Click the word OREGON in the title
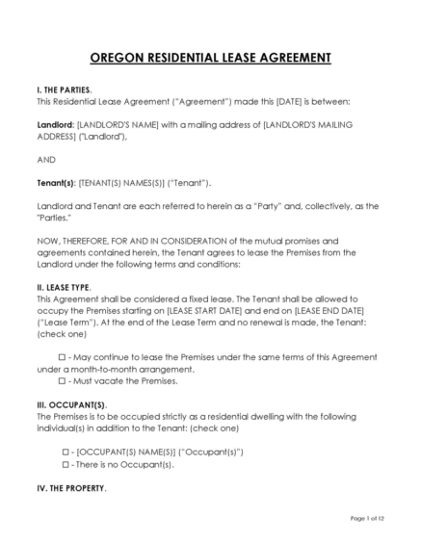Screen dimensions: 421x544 pyautogui.click(x=118, y=58)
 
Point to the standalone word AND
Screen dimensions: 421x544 pyautogui.click(x=43, y=159)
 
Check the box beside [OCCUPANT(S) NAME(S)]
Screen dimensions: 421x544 pyautogui.click(x=66, y=451)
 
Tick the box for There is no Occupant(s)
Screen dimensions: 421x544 pyautogui.click(x=66, y=464)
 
